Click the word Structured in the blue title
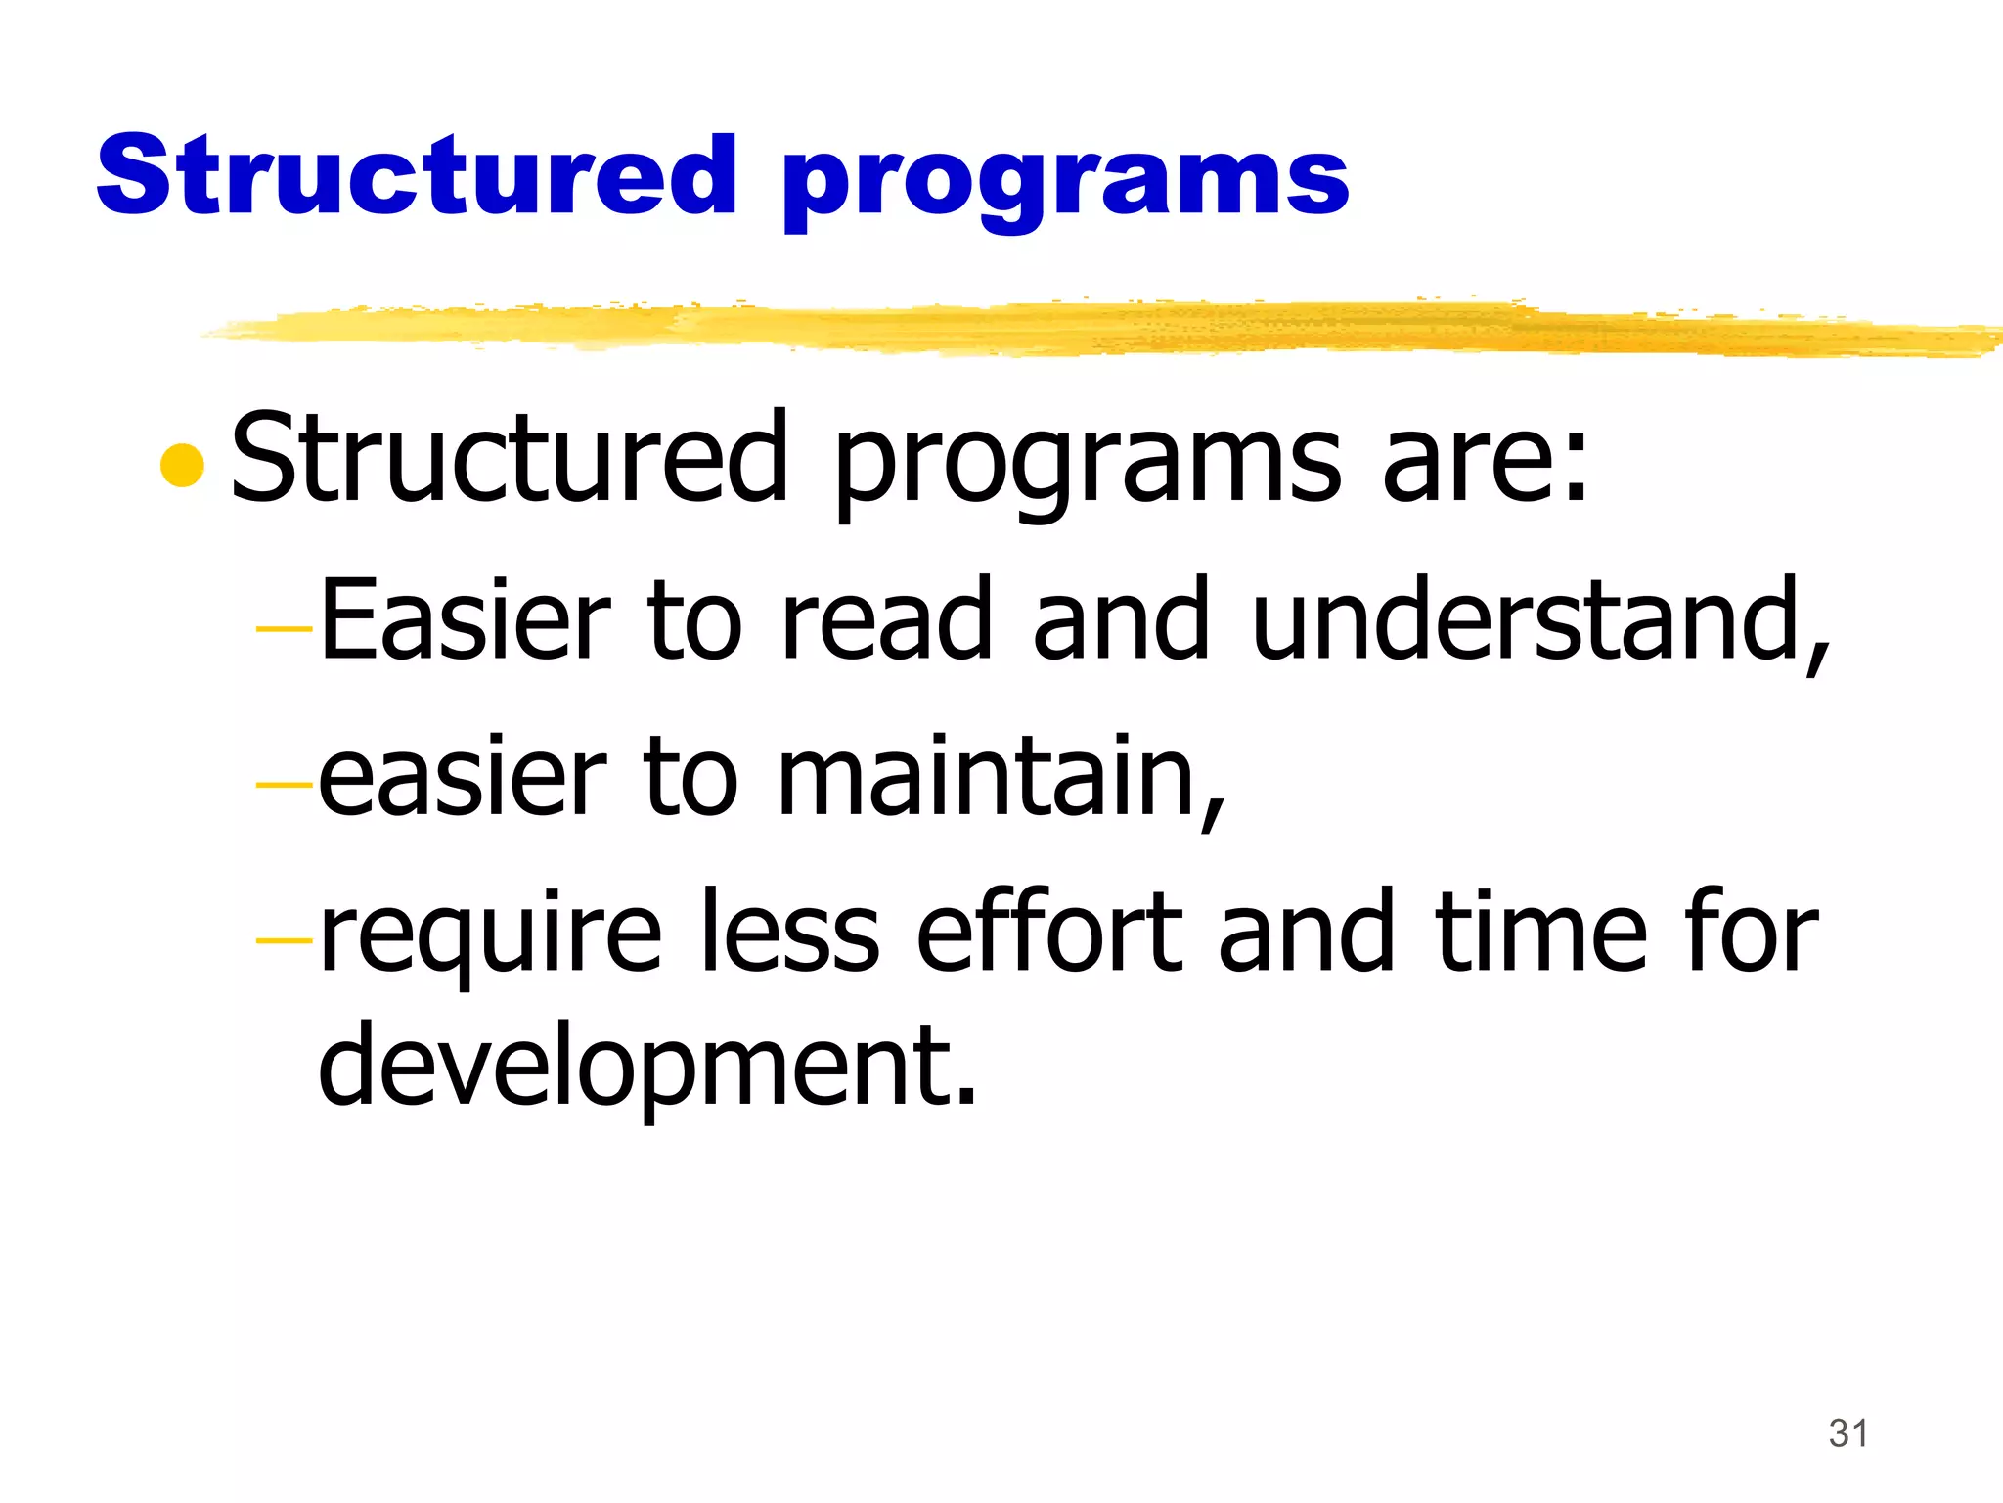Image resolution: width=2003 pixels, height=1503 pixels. coord(416,176)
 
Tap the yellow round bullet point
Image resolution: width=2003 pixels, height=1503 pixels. coord(182,465)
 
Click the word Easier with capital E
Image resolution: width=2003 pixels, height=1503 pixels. coord(465,619)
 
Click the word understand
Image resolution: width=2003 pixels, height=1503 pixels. coord(1536,619)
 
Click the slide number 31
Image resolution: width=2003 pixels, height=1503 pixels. coord(1847,1434)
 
